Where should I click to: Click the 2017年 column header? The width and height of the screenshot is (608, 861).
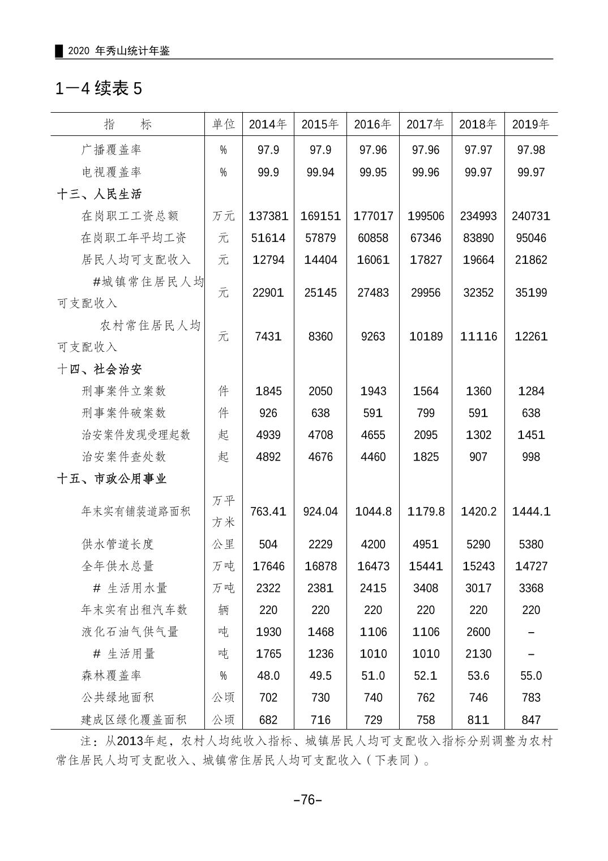tap(425, 124)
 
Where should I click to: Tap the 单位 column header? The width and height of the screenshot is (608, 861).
tap(223, 124)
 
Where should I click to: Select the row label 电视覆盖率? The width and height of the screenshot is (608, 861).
tap(111, 172)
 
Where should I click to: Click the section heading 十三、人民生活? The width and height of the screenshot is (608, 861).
tap(99, 194)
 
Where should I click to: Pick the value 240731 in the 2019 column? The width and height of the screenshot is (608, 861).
tap(530, 216)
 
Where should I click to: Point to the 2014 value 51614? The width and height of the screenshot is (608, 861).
tap(268, 238)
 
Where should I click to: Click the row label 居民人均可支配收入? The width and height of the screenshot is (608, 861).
tap(136, 260)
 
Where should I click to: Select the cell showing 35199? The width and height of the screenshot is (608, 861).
tap(530, 293)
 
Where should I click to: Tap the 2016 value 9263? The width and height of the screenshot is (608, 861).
tap(373, 336)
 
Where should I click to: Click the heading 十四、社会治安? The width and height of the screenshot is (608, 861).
tap(99, 369)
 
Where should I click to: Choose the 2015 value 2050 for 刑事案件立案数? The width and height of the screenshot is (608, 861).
tap(320, 391)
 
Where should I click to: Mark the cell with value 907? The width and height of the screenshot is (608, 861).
tap(478, 457)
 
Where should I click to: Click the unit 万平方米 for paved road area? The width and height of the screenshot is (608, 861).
tap(223, 512)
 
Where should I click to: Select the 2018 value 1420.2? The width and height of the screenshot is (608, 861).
tap(478, 512)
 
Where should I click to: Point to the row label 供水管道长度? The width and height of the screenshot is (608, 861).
tap(117, 544)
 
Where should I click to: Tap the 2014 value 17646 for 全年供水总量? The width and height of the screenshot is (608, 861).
tap(268, 566)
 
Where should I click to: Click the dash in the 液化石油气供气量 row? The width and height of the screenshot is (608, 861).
tap(530, 632)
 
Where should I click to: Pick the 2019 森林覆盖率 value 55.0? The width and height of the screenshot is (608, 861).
tap(530, 676)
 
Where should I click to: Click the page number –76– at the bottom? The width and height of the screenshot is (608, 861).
tap(307, 800)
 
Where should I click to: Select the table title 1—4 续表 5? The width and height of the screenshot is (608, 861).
tap(99, 88)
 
